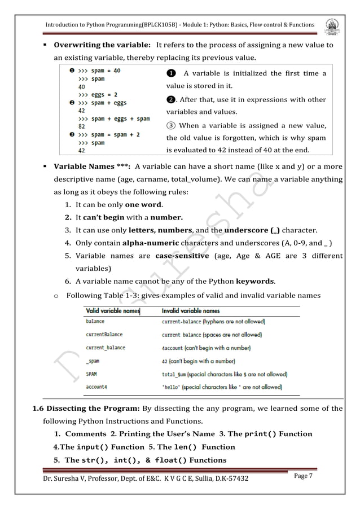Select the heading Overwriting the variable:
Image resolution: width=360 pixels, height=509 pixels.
[x=102, y=45]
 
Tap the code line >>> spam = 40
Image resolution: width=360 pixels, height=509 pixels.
[x=99, y=71]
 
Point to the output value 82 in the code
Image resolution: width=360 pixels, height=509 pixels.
[x=82, y=127]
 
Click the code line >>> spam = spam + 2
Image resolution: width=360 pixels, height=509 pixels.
[x=108, y=135]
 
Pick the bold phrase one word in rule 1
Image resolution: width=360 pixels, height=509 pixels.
[x=144, y=205]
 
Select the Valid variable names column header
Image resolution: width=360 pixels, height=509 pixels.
[x=112, y=311]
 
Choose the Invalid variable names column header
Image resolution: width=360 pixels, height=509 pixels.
[x=191, y=311]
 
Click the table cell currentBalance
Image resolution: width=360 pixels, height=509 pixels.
[x=104, y=335]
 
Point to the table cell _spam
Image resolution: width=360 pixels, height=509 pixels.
[x=93, y=361]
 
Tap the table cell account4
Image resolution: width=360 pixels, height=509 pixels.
[x=97, y=387]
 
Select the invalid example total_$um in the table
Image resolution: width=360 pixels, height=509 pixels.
[x=177, y=374]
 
